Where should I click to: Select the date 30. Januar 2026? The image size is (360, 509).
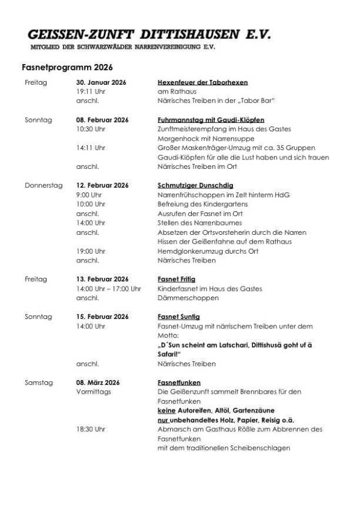[x=102, y=82]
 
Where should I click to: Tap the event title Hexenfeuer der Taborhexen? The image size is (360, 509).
[x=203, y=82]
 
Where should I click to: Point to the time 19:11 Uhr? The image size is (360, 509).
[x=91, y=92]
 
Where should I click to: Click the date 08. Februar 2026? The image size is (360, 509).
[x=102, y=119]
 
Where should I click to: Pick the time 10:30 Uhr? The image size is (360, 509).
[x=91, y=129]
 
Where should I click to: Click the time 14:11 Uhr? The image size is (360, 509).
[x=91, y=148]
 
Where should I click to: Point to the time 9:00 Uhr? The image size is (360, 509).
[x=89, y=195]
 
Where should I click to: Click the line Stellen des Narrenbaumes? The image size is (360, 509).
[x=196, y=223]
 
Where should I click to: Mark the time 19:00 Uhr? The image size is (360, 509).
[x=91, y=251]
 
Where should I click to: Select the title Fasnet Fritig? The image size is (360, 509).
[x=176, y=279]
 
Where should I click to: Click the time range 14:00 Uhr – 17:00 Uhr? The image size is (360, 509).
[x=109, y=288]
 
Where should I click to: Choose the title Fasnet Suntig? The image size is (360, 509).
[x=179, y=317]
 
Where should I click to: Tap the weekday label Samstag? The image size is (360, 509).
[x=39, y=382]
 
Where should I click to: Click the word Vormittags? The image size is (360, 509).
[x=93, y=392]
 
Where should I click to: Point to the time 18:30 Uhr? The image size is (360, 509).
[x=91, y=430]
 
